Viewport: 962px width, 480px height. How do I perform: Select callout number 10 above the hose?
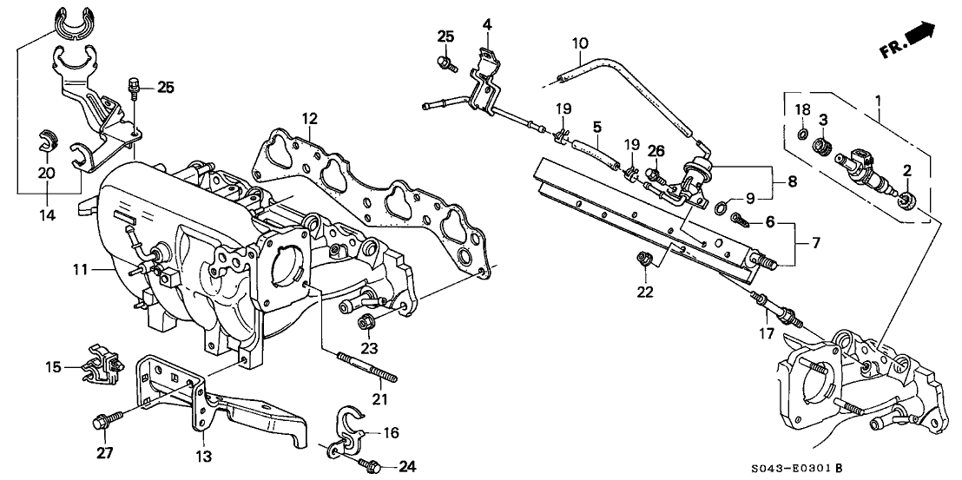click(x=580, y=42)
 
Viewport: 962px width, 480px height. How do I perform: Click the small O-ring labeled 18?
click(x=803, y=135)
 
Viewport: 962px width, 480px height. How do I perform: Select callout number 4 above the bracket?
click(x=488, y=23)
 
